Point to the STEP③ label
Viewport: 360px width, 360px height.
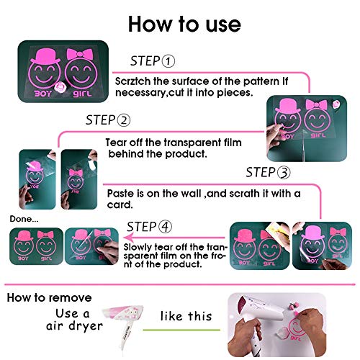269,173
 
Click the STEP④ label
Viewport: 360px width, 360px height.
150,226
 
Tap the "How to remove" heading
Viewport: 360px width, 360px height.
49,297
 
